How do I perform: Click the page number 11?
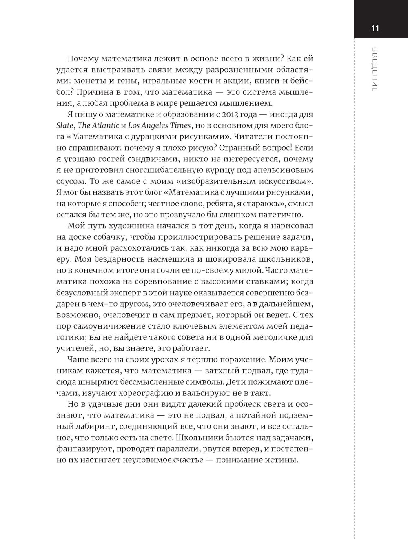click(375, 29)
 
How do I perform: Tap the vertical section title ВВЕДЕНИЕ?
click(375, 69)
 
